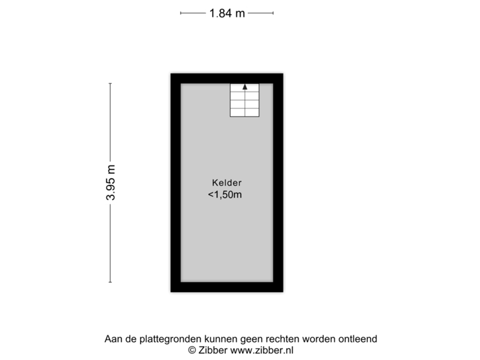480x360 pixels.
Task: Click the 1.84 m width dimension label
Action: click(227, 13)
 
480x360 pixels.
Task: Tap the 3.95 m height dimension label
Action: click(111, 183)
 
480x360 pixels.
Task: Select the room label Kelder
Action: click(227, 183)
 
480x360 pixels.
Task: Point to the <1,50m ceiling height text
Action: click(225, 195)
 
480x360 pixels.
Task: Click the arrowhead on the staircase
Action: click(245, 87)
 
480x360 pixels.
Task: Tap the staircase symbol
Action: click(245, 100)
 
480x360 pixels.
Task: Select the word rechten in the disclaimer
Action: click(282, 339)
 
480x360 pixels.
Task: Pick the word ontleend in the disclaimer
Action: click(357, 339)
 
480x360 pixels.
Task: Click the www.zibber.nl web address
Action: click(262, 350)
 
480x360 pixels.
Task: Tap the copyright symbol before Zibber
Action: click(192, 350)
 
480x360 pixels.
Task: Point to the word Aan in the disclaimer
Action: click(113, 339)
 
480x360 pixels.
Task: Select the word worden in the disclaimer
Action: click(319, 339)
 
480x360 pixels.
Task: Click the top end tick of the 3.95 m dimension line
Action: click(111, 83)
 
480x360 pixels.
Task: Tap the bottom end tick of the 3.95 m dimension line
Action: click(111, 282)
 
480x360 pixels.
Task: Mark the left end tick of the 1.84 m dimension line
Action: click(181, 13)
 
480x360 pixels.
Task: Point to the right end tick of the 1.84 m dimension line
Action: click(273, 13)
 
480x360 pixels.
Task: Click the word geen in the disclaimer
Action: click(251, 340)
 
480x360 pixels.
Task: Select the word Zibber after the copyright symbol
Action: click(213, 350)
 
